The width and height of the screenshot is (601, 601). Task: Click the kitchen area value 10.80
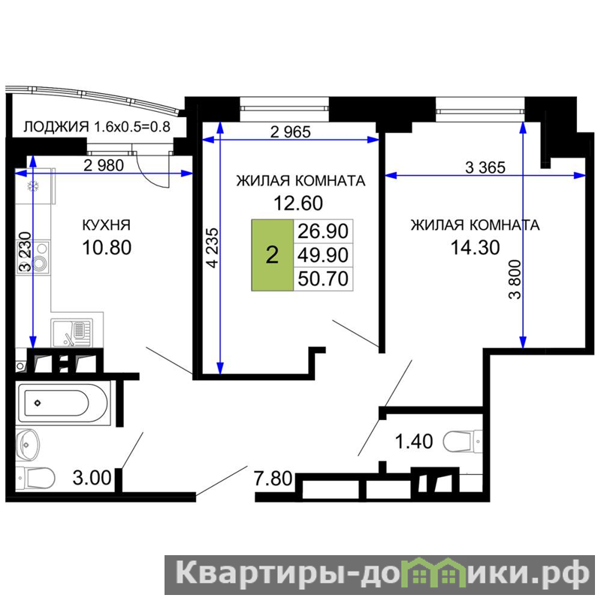pyautogui.click(x=107, y=248)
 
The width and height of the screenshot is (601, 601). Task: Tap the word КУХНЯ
pyautogui.click(x=107, y=225)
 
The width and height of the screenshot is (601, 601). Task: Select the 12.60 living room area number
pyautogui.click(x=298, y=203)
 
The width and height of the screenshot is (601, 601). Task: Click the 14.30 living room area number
pyautogui.click(x=475, y=248)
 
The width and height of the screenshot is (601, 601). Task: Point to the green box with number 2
pyautogui.click(x=272, y=255)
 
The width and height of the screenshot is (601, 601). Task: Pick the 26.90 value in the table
pyautogui.click(x=323, y=231)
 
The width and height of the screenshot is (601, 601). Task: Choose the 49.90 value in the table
pyautogui.click(x=323, y=255)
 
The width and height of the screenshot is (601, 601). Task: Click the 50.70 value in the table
pyautogui.click(x=323, y=279)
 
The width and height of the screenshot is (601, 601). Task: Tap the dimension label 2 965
pyautogui.click(x=290, y=132)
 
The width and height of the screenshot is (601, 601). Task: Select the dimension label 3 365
pyautogui.click(x=485, y=168)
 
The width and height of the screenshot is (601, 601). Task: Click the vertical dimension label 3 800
pyautogui.click(x=515, y=279)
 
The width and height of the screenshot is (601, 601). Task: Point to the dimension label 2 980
pyautogui.click(x=104, y=165)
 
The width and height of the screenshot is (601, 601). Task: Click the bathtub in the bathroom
pyautogui.click(x=63, y=403)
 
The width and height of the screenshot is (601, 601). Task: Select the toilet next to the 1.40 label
pyautogui.click(x=462, y=442)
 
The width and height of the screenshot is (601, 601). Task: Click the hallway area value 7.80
pyautogui.click(x=273, y=479)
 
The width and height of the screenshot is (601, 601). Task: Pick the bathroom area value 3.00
pyautogui.click(x=92, y=478)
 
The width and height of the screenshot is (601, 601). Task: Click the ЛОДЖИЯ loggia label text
pyautogui.click(x=56, y=126)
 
